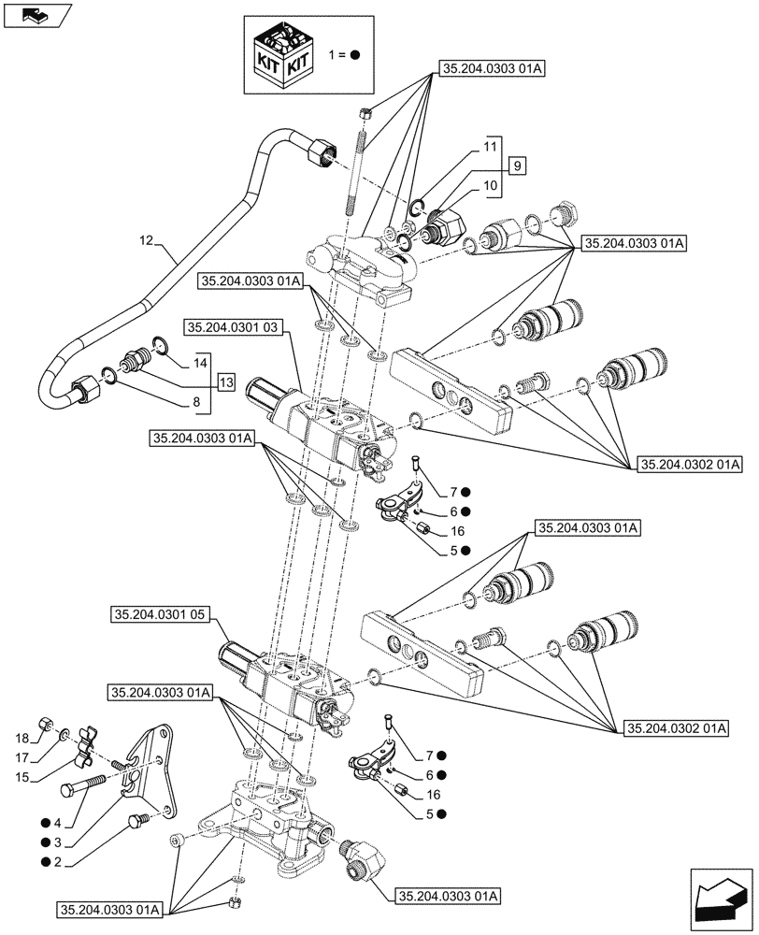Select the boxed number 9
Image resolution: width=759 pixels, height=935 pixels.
click(517, 165)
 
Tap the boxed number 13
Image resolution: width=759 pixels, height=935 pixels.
click(225, 381)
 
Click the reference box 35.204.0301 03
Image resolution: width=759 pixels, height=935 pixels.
click(233, 327)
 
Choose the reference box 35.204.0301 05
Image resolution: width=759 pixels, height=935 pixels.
click(162, 614)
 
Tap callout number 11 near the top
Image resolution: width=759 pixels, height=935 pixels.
click(490, 148)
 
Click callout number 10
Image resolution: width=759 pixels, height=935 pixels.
click(490, 185)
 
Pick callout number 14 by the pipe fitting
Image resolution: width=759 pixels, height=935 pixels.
click(200, 362)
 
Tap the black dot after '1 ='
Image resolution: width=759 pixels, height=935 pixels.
click(356, 55)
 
